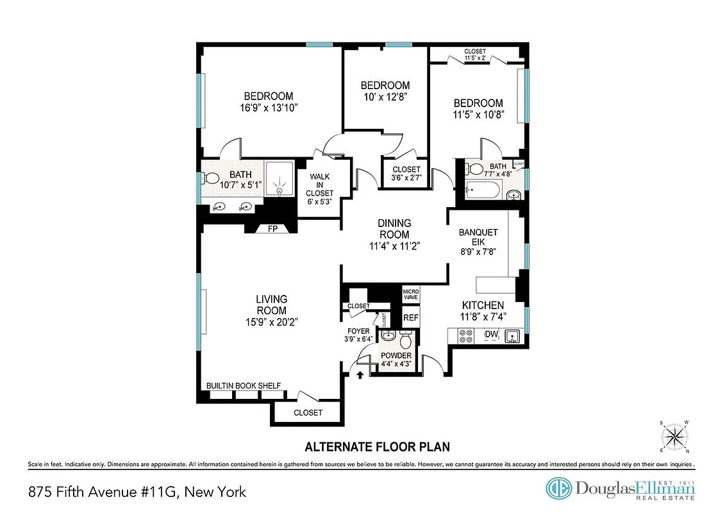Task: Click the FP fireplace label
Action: coord(272,229)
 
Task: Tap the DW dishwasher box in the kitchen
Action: coord(492,335)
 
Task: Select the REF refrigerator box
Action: coord(410,317)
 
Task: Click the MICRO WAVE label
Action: coord(410,295)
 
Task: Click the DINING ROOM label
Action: coord(394,229)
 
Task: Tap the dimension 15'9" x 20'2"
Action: coord(271,322)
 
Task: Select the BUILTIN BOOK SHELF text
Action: coord(243,385)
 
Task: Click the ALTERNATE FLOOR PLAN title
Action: coord(377,446)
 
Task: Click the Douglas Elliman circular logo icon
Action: coord(558,489)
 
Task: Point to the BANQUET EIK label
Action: coord(479,238)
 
